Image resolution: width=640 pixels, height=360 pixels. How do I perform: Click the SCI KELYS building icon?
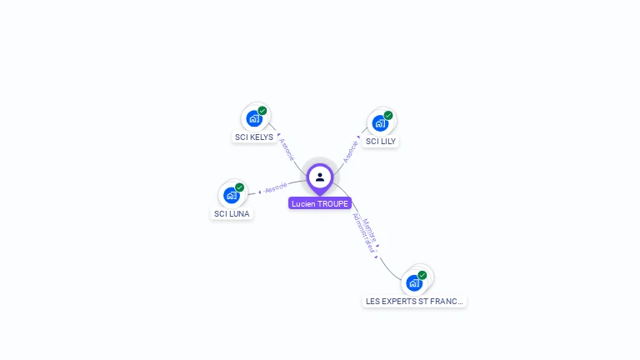click(x=254, y=118)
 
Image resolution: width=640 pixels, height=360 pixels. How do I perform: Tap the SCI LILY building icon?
click(x=380, y=123)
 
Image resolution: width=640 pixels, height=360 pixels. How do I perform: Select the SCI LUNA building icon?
click(x=232, y=195)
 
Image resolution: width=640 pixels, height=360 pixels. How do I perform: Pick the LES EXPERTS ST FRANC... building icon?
click(x=414, y=282)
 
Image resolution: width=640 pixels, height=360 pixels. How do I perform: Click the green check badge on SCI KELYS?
click(x=262, y=111)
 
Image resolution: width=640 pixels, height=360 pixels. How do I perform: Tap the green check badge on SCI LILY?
click(x=388, y=116)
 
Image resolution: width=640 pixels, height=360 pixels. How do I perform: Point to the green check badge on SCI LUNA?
click(x=240, y=187)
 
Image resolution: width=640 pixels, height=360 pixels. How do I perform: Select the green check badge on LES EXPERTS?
click(x=422, y=275)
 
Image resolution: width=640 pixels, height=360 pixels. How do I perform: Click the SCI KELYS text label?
click(x=254, y=137)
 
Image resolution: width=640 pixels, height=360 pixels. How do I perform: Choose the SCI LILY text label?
click(x=381, y=142)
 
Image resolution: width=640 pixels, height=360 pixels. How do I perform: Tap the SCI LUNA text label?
click(x=232, y=213)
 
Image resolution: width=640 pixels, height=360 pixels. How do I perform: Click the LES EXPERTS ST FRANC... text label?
click(x=415, y=301)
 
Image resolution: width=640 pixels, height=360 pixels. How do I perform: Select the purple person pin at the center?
click(x=320, y=177)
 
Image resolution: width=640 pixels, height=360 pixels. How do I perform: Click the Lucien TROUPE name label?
click(x=320, y=203)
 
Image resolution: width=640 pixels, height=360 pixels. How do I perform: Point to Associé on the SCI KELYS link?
click(x=287, y=147)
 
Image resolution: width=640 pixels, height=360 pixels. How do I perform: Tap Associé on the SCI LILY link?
click(x=351, y=151)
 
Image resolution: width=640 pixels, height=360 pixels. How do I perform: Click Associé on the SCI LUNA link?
click(x=276, y=187)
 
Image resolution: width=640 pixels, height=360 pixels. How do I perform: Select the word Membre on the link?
click(x=371, y=230)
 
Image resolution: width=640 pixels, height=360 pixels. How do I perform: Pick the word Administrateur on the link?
click(x=361, y=232)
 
